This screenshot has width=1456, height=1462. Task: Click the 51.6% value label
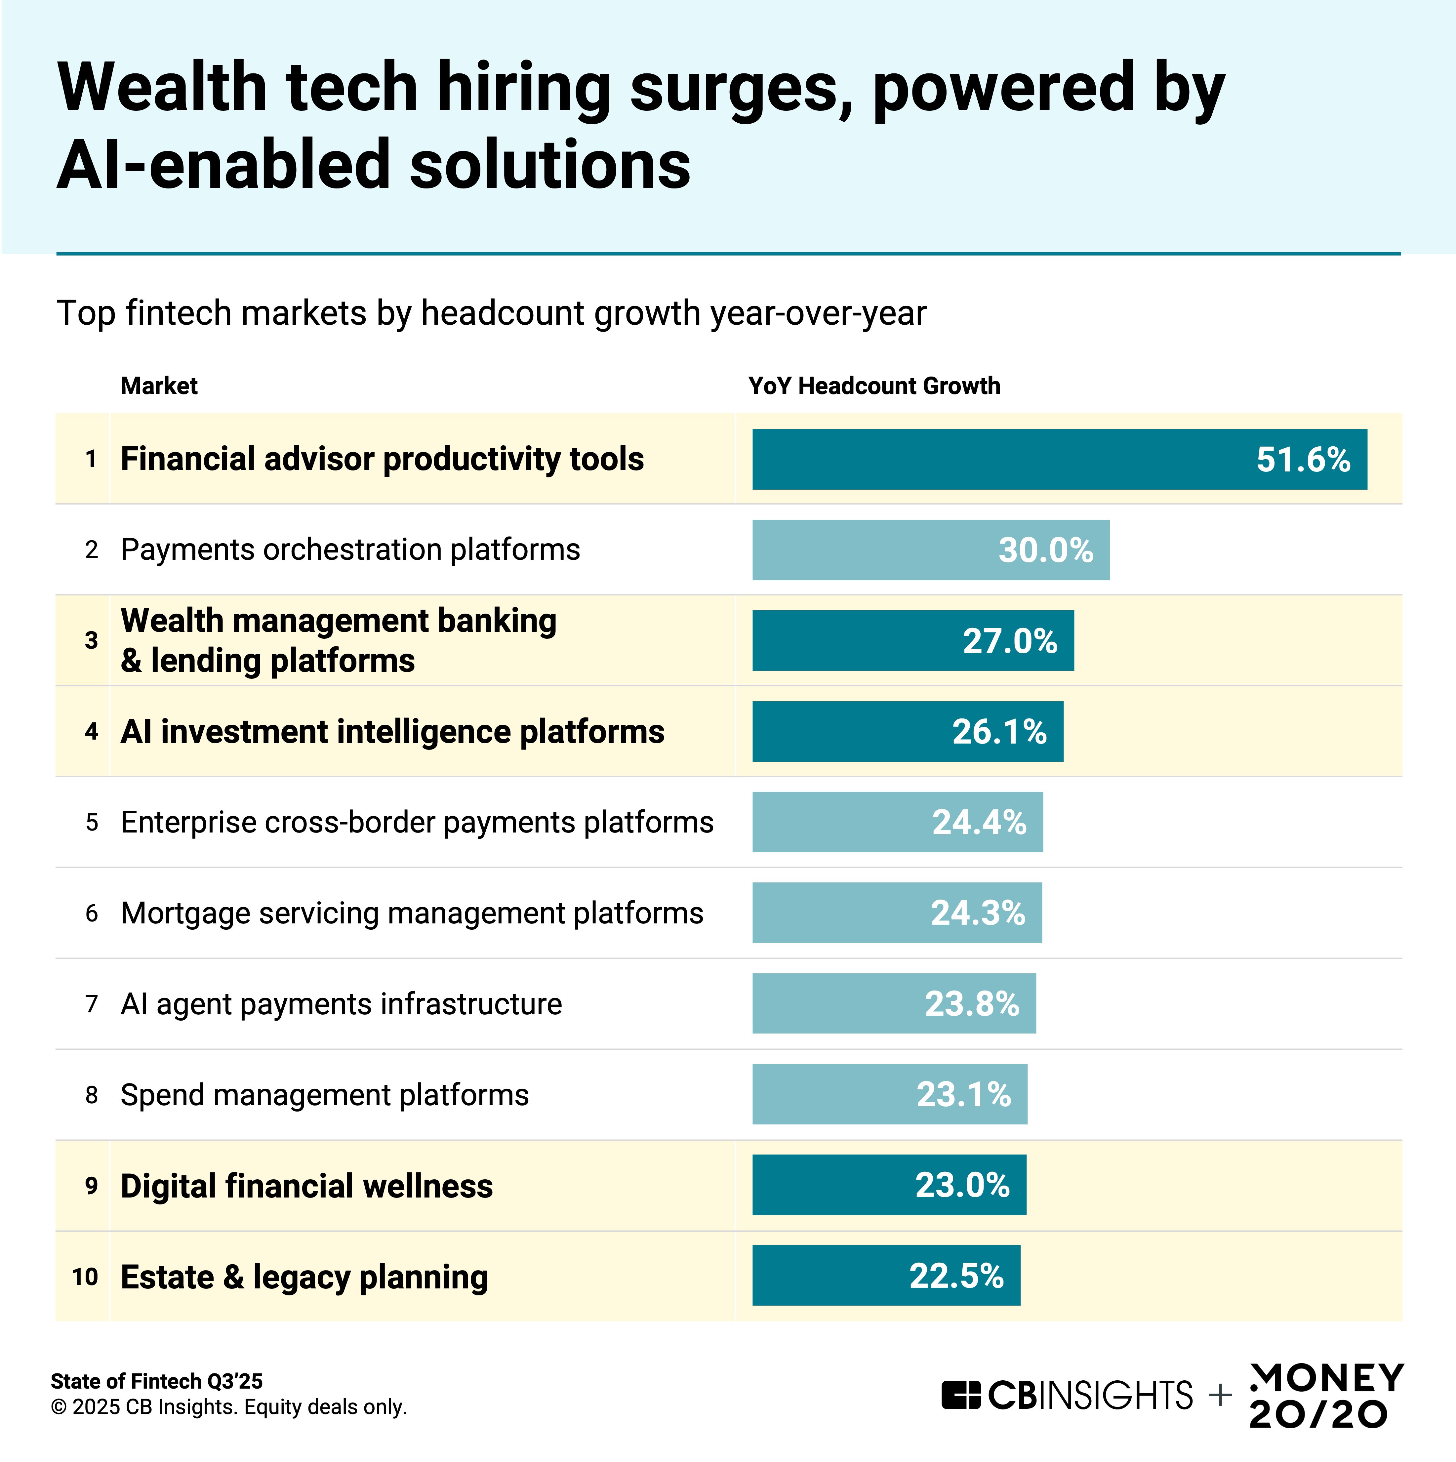tap(1303, 459)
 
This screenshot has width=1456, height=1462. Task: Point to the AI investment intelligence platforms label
tap(392, 732)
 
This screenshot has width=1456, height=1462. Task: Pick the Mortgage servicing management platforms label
tap(412, 914)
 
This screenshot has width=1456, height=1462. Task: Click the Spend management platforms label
tap(325, 1095)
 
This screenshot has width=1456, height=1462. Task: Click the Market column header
tap(159, 386)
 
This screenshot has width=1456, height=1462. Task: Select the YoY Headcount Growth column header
tap(874, 386)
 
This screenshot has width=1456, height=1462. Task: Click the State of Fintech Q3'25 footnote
tap(157, 1381)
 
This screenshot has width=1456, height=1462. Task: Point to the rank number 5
tap(92, 823)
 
